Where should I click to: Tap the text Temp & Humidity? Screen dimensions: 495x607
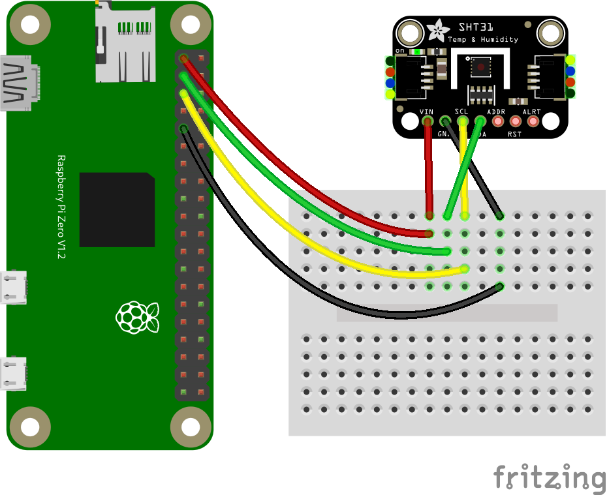(482, 40)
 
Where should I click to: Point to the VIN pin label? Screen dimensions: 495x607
(426, 112)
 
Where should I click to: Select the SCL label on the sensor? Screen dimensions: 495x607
(461, 112)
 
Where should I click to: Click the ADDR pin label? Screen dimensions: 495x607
(497, 112)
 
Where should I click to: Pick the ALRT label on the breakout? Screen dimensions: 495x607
(532, 112)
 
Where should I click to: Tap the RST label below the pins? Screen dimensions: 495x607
(515, 134)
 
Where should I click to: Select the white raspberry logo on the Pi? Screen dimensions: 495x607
(136, 317)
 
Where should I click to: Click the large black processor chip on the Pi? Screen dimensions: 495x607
(117, 209)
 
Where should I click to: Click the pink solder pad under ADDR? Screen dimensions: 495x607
(498, 121)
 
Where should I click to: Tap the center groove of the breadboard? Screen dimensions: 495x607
(446, 312)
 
